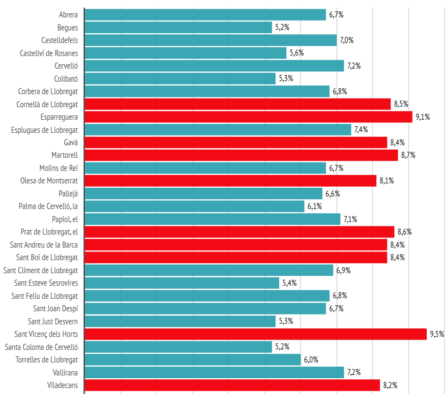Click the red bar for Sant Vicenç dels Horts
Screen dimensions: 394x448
[x=256, y=334]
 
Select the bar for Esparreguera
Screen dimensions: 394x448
[x=249, y=117]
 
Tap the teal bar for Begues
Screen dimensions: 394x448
[x=179, y=27]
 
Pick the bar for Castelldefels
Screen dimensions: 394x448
[x=211, y=40]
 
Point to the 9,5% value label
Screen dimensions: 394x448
[x=437, y=334]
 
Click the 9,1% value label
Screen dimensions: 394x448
[x=422, y=117]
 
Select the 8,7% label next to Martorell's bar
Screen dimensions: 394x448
[x=408, y=155]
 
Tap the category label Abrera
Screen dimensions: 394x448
[x=68, y=15]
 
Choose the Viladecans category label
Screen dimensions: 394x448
[x=62, y=385]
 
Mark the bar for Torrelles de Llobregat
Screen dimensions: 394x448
[x=193, y=360]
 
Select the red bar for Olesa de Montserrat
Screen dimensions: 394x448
[x=231, y=181]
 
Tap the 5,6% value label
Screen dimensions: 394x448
[x=297, y=53]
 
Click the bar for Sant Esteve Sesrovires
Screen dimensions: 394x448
[x=182, y=283]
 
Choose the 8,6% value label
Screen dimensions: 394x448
[x=404, y=232]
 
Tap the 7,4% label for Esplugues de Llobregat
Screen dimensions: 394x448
[x=361, y=130]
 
